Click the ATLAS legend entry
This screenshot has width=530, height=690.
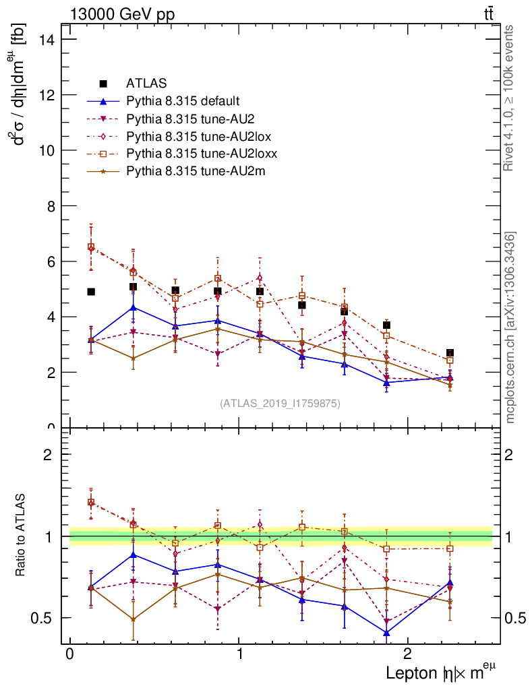[146, 84]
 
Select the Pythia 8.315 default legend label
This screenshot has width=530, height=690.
[183, 102]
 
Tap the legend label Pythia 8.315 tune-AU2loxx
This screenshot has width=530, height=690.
[202, 154]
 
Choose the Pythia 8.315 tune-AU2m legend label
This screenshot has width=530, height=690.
[196, 171]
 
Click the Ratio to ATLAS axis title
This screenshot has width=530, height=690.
[22, 535]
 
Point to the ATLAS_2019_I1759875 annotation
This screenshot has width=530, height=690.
[280, 404]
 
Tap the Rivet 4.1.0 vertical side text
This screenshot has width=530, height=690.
[510, 98]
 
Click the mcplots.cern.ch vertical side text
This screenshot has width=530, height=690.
[510, 327]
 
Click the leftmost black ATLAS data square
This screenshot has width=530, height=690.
[91, 292]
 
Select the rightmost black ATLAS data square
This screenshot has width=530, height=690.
[450, 353]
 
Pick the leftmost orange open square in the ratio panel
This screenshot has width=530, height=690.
[91, 502]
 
